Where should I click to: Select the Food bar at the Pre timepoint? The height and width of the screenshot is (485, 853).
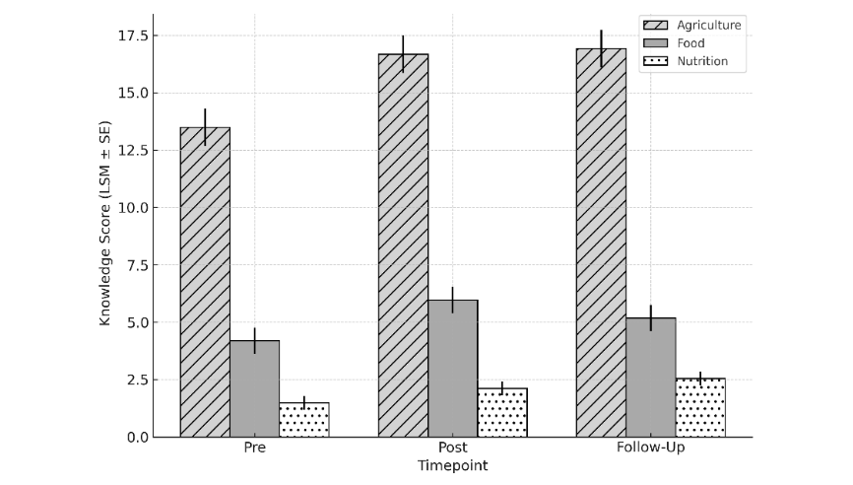[254, 388]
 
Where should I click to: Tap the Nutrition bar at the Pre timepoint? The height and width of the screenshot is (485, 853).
[304, 420]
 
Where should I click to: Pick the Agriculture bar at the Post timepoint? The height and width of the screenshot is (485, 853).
[403, 245]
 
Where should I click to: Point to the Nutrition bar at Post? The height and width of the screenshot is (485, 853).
[502, 412]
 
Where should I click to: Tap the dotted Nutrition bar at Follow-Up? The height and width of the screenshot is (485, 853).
[700, 407]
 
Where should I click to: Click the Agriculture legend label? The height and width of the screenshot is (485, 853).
[708, 25]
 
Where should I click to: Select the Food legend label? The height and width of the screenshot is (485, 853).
[689, 42]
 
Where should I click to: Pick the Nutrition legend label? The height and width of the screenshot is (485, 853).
[701, 61]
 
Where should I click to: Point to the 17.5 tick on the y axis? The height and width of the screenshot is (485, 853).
[130, 36]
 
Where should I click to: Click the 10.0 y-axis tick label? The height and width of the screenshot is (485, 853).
[130, 208]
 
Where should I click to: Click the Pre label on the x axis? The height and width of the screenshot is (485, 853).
[254, 449]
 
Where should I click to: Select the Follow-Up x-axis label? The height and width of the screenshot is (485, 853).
[650, 449]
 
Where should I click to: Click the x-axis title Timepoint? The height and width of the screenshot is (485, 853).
[452, 465]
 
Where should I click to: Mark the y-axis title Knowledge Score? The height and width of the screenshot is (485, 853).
[105, 224]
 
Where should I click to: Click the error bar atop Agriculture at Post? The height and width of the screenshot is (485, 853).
[403, 54]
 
